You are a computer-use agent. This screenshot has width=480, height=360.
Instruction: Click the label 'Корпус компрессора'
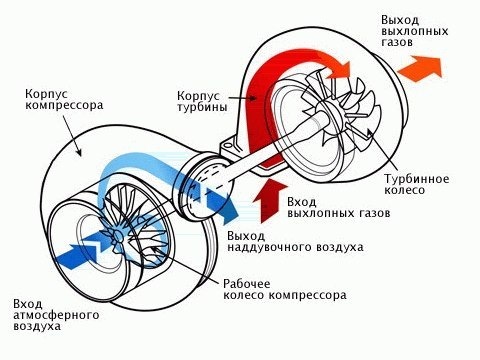coord(64,99)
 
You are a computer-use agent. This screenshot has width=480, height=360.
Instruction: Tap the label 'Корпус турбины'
coord(202,101)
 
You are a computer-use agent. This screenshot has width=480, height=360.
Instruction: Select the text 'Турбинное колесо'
coord(417,184)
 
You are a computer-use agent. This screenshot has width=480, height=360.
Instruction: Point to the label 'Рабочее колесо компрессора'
coord(285,289)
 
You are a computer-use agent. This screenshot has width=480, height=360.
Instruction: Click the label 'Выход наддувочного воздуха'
coord(295,241)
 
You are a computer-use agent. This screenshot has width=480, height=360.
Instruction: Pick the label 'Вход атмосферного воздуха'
coord(56,315)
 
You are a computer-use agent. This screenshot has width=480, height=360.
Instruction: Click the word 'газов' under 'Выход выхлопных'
coord(397,42)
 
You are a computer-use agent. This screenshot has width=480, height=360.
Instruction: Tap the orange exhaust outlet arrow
coord(421,68)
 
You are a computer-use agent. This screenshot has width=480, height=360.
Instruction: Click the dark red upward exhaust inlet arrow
coord(269,201)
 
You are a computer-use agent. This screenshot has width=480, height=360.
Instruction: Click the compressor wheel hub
coord(117,237)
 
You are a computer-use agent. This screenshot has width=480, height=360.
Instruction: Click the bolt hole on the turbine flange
coord(228,145)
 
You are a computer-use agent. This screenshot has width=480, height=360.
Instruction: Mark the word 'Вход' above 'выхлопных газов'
coord(301,202)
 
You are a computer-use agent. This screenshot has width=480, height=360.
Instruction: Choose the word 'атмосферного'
coord(56,315)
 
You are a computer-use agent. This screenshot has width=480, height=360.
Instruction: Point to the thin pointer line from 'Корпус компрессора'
coord(71,136)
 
